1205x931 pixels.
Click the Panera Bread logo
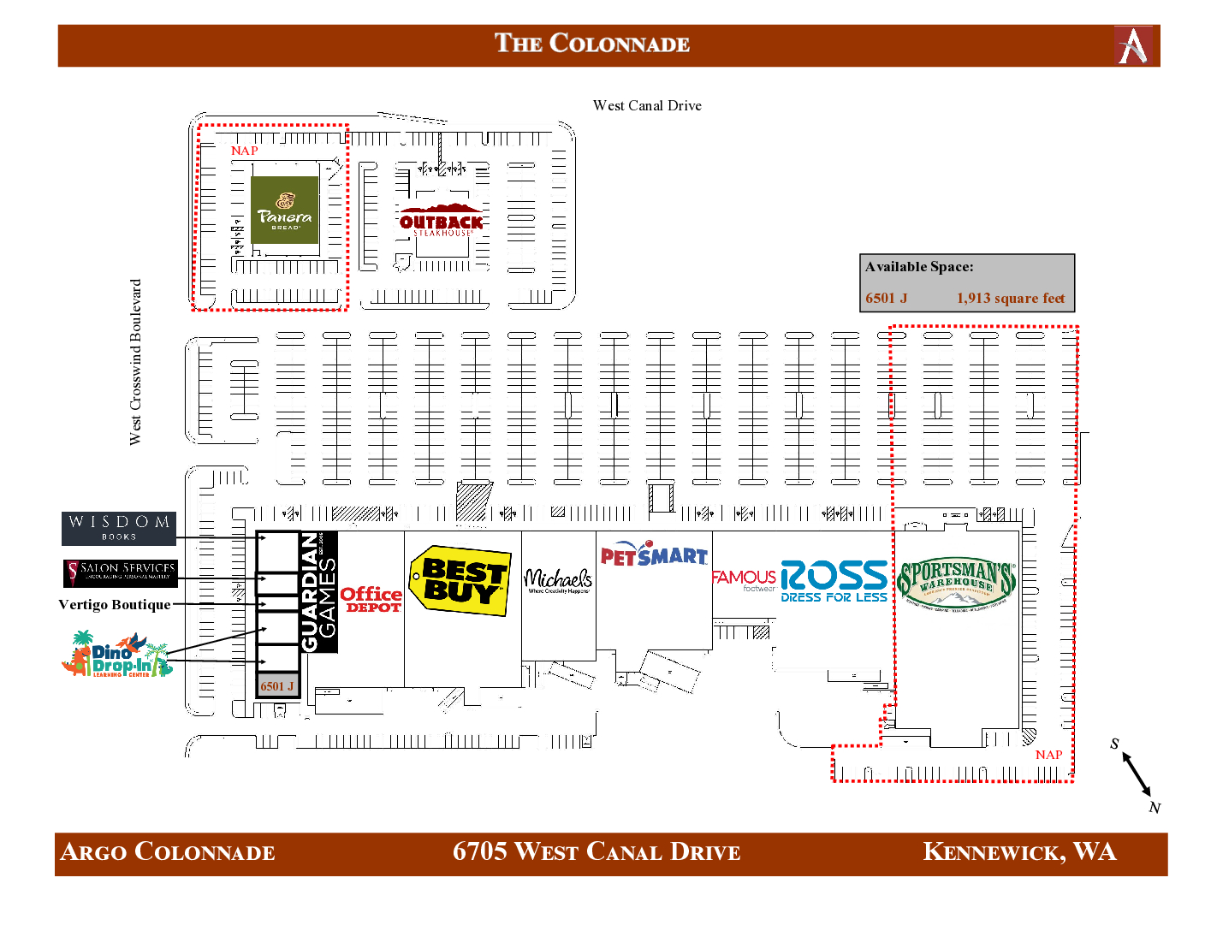285,210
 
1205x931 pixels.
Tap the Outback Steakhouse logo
442,221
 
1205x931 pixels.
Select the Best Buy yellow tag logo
460,581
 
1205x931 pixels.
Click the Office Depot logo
371,599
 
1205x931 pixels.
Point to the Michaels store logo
558,581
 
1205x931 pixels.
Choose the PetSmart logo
654,554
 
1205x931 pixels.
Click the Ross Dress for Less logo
834,581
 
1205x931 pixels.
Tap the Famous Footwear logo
744,580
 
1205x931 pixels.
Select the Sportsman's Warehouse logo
956,583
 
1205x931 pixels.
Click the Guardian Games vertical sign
318,591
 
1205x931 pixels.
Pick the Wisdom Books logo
119,528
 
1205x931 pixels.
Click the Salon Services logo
120,572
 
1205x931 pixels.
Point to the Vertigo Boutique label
115,605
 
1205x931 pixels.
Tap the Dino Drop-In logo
117,655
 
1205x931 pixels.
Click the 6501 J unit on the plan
277,686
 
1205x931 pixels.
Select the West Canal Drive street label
647,105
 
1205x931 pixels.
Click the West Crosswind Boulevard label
135,362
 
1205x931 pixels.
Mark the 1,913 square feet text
1011,298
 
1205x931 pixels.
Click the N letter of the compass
1155,808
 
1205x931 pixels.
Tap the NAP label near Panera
244,151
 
